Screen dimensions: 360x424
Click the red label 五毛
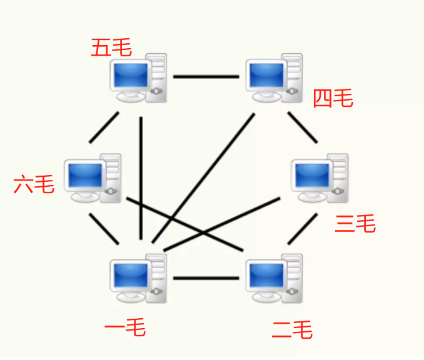click(x=111, y=47)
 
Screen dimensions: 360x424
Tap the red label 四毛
click(x=333, y=98)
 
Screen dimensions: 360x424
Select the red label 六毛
click(x=34, y=184)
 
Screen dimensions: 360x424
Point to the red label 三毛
click(x=355, y=223)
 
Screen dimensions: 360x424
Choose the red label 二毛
click(x=292, y=329)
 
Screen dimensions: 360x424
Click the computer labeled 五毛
click(x=138, y=78)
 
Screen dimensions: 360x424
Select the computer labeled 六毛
click(x=93, y=178)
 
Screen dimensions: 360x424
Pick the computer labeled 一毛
click(x=138, y=279)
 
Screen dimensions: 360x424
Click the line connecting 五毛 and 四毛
click(x=206, y=77)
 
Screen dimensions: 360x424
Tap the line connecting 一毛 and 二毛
click(x=206, y=277)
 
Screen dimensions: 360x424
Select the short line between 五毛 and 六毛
click(x=104, y=127)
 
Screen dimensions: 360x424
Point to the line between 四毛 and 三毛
click(x=303, y=127)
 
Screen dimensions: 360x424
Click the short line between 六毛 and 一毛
click(x=104, y=229)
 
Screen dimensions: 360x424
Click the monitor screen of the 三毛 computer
click(x=312, y=174)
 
